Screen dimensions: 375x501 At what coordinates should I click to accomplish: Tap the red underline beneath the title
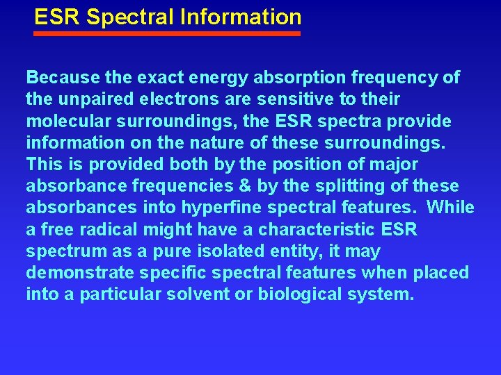(x=168, y=33)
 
